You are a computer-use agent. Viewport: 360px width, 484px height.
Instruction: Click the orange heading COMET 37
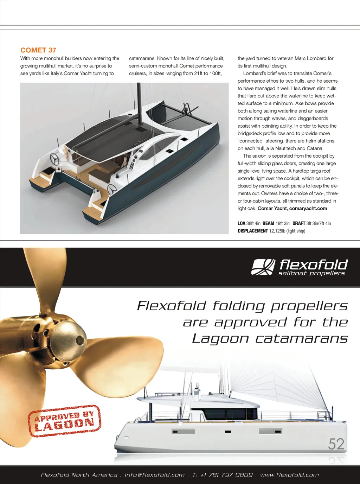(38, 50)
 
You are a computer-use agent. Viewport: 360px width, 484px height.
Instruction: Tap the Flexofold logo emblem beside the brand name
(263, 267)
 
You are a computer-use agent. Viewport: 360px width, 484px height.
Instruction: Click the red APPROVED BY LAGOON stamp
(64, 421)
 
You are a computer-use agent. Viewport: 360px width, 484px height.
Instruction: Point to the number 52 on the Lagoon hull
(336, 444)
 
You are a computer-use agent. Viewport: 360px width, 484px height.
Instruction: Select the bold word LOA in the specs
(242, 223)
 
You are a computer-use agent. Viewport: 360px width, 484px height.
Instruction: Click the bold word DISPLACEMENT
(253, 231)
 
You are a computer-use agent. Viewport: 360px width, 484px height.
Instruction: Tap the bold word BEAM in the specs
(268, 223)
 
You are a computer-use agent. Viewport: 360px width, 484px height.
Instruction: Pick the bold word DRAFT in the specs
(299, 223)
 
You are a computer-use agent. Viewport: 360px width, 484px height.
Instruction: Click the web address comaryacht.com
(308, 208)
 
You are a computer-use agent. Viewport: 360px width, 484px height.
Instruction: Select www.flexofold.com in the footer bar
(289, 475)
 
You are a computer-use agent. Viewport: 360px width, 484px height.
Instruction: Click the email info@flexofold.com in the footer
(155, 475)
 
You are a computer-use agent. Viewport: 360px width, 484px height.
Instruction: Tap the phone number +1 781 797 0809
(226, 475)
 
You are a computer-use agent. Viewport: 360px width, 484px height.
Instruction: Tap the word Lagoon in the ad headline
(220, 339)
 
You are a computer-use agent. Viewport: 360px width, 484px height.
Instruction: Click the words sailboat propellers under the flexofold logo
(311, 273)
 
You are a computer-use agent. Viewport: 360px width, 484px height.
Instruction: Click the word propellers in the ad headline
(309, 306)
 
